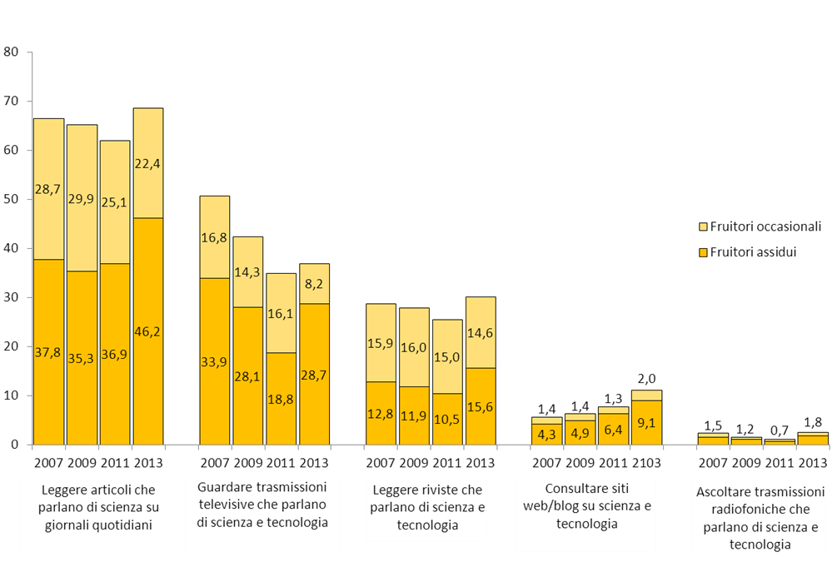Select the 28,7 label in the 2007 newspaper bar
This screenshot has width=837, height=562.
click(48, 190)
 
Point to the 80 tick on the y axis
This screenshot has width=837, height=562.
click(12, 52)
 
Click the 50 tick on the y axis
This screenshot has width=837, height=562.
click(12, 199)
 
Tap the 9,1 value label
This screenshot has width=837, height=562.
click(647, 423)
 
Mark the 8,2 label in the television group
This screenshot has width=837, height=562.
click(315, 283)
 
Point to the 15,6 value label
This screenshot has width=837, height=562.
click(481, 406)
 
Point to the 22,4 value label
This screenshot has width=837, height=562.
click(148, 163)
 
